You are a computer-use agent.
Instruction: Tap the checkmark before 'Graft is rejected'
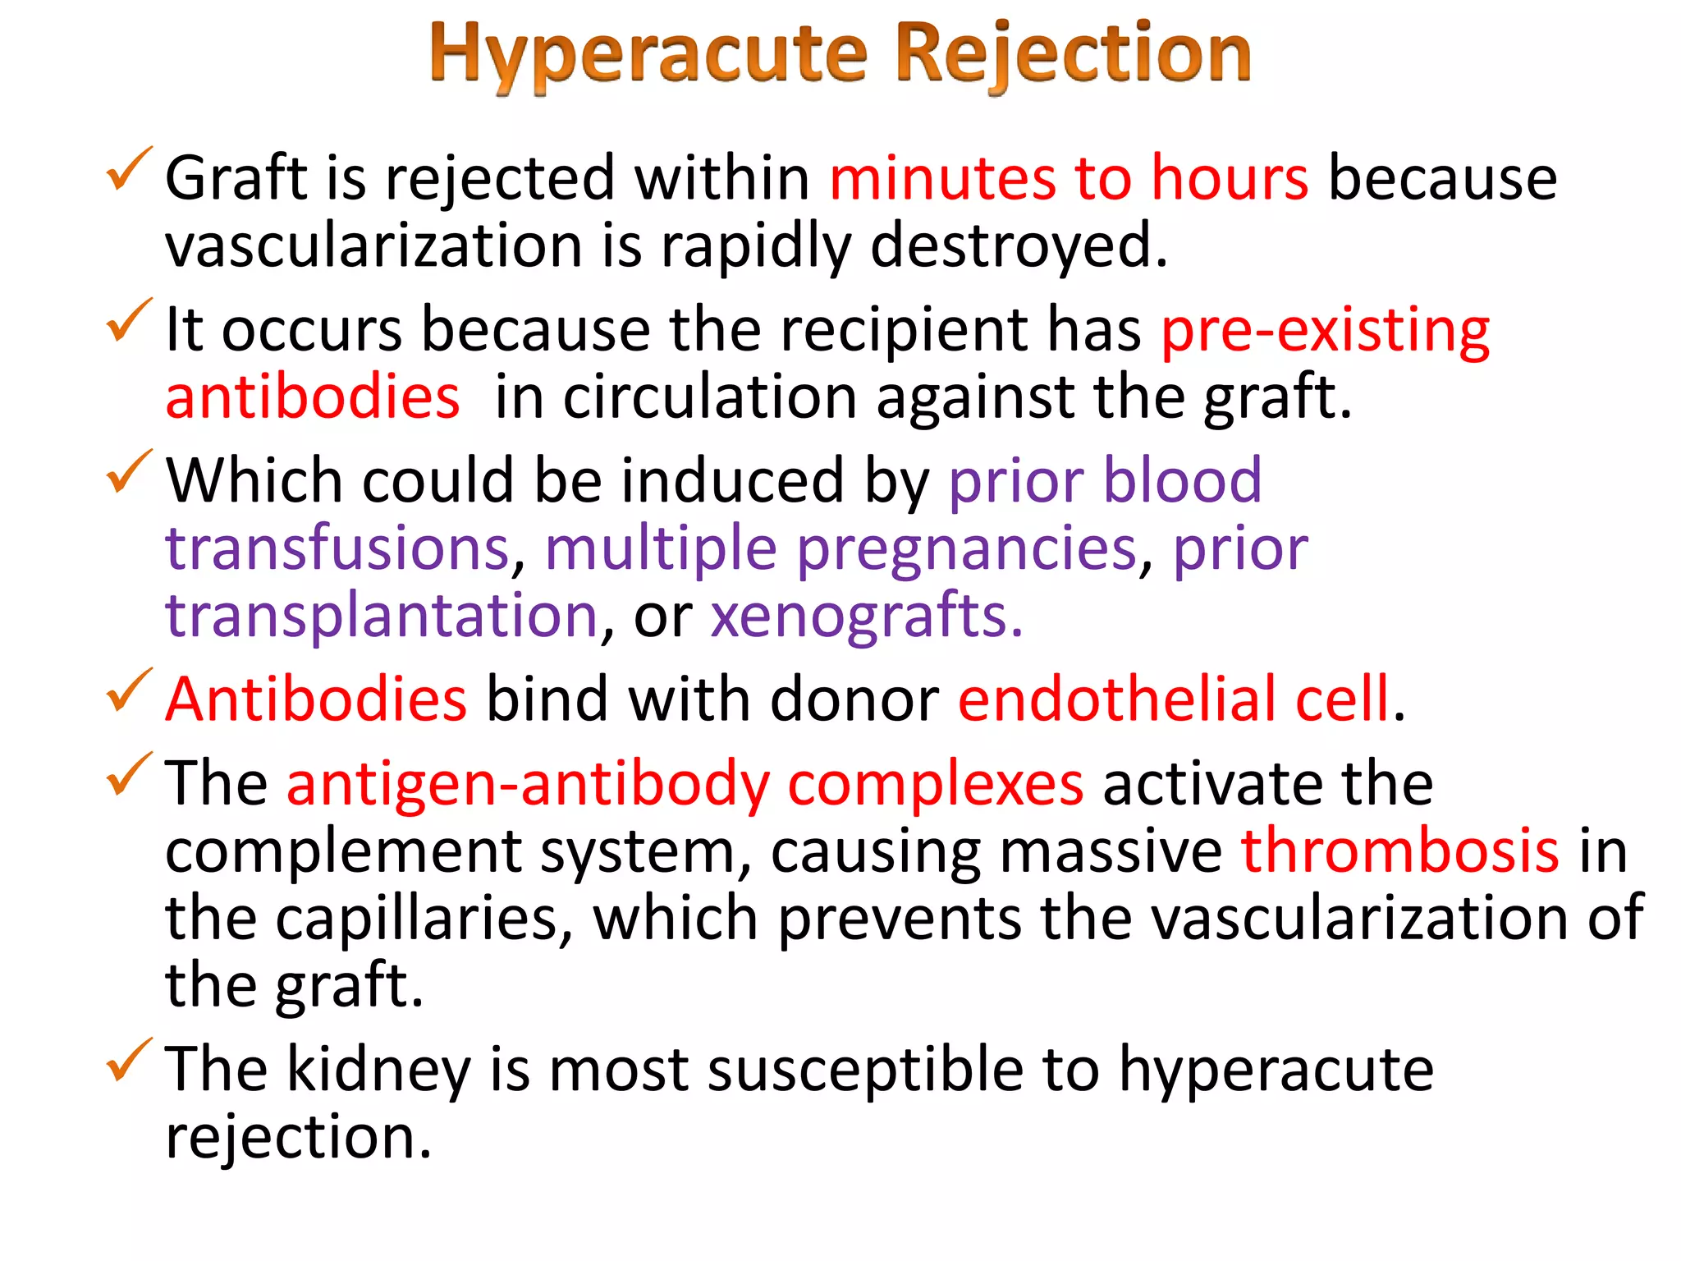129,169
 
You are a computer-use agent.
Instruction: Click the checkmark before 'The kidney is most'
129,1060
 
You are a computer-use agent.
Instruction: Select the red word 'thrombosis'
1399,851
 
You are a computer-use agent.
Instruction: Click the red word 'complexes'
935,785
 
